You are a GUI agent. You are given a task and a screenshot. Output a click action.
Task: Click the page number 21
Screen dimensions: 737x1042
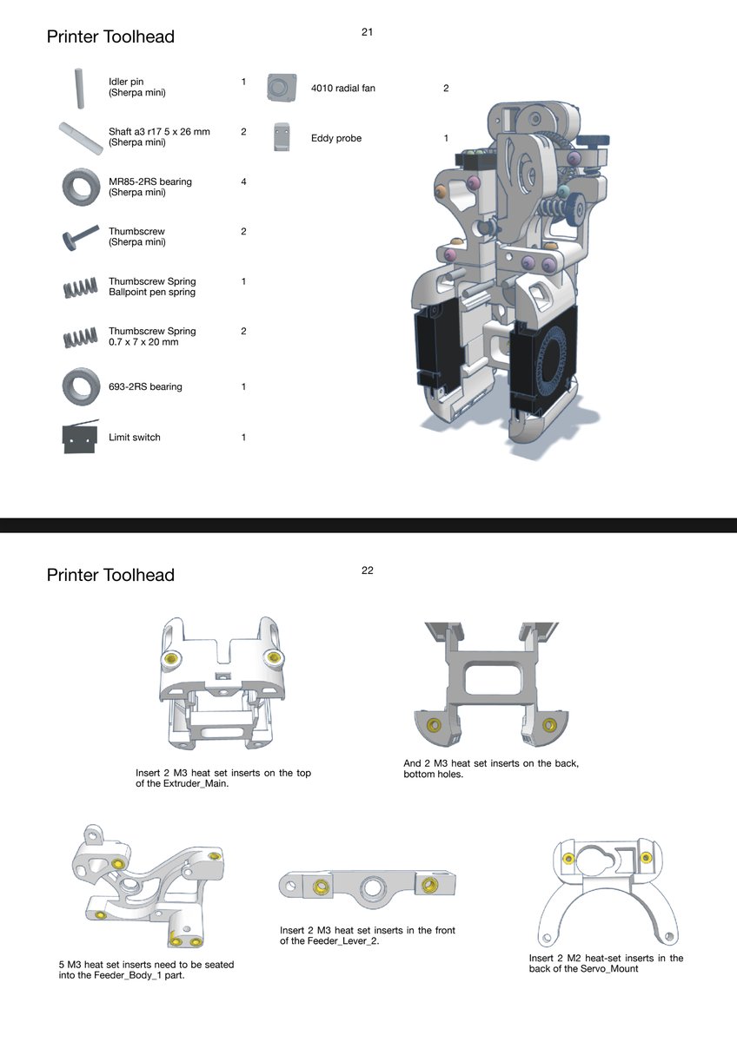coord(367,31)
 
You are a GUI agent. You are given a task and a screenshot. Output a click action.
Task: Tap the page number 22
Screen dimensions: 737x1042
coord(367,570)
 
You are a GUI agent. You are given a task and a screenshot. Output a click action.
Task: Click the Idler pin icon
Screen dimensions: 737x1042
coord(80,89)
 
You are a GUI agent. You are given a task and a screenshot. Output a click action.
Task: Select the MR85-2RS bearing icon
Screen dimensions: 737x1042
coord(81,187)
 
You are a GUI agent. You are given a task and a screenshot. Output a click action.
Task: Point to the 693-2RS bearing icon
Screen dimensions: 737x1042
coord(81,387)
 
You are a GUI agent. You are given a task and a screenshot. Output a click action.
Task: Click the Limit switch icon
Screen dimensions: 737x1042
coord(80,436)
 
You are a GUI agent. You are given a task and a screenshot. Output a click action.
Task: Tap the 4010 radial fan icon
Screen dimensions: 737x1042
coord(282,88)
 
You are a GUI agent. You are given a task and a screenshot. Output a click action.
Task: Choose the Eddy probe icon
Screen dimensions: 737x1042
coord(282,137)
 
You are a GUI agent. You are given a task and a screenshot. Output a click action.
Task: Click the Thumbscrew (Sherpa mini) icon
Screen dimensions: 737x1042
coord(80,238)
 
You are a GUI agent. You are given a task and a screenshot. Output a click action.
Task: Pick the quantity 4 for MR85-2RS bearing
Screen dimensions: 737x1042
coord(243,181)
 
